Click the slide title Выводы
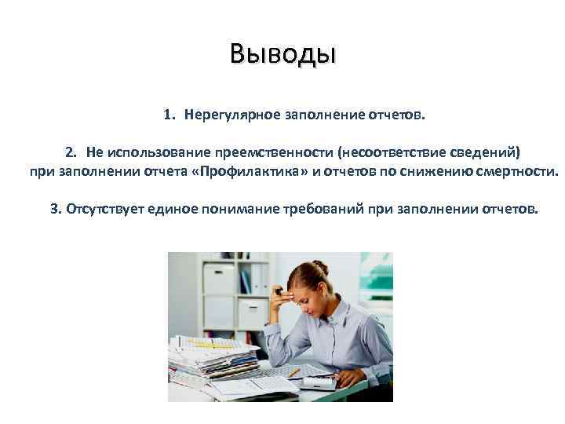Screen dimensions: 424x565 click(x=282, y=54)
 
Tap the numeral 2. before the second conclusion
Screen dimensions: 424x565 click(x=71, y=151)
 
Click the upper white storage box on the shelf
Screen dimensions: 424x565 click(x=219, y=280)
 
